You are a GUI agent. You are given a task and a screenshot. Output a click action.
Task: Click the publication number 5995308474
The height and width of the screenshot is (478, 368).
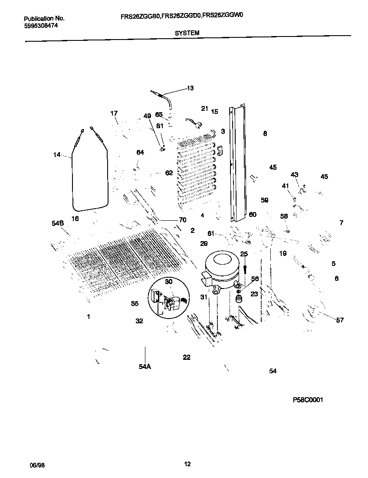pos(41,26)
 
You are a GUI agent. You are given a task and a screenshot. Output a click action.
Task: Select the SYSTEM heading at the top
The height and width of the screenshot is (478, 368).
pos(187,33)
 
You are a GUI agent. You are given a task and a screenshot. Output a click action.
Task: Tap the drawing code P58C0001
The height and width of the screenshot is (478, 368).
pos(308,400)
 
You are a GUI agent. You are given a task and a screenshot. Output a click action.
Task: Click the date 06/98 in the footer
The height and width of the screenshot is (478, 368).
pos(36,465)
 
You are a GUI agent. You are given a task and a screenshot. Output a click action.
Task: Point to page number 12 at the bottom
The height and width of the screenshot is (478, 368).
pos(187,464)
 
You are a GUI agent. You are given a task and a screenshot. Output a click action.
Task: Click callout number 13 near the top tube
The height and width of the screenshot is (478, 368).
pos(190,88)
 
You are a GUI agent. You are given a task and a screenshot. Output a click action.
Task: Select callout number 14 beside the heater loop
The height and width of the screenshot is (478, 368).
pos(57,154)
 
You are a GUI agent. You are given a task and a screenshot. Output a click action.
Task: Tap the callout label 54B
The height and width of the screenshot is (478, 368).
pos(58,223)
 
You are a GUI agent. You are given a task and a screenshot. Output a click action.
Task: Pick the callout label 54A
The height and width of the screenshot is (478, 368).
pos(145,367)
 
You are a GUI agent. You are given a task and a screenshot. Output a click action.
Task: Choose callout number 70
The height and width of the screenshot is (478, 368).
pos(182,220)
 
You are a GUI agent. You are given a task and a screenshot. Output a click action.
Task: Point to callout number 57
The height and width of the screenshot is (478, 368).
pos(340,320)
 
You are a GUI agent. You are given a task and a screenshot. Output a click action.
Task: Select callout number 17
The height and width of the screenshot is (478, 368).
pos(114,113)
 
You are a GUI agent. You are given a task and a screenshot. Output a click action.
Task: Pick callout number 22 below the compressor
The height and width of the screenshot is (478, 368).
pos(187,357)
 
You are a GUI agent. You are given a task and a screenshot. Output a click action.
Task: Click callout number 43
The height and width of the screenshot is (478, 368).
pos(295,175)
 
